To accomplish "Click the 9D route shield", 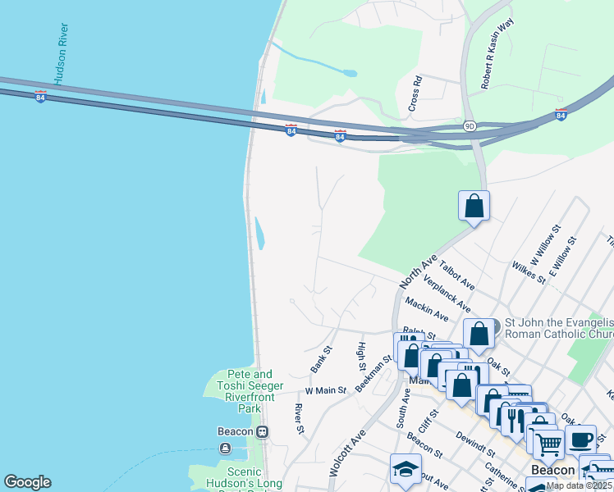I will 469,126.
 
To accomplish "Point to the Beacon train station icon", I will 262,431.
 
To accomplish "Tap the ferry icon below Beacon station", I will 225,448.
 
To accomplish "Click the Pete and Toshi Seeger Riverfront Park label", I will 250,390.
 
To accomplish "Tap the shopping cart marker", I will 548,444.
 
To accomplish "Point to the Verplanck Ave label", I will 447,294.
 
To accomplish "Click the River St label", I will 300,418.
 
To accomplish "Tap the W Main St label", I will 325,390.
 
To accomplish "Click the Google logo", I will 27,482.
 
